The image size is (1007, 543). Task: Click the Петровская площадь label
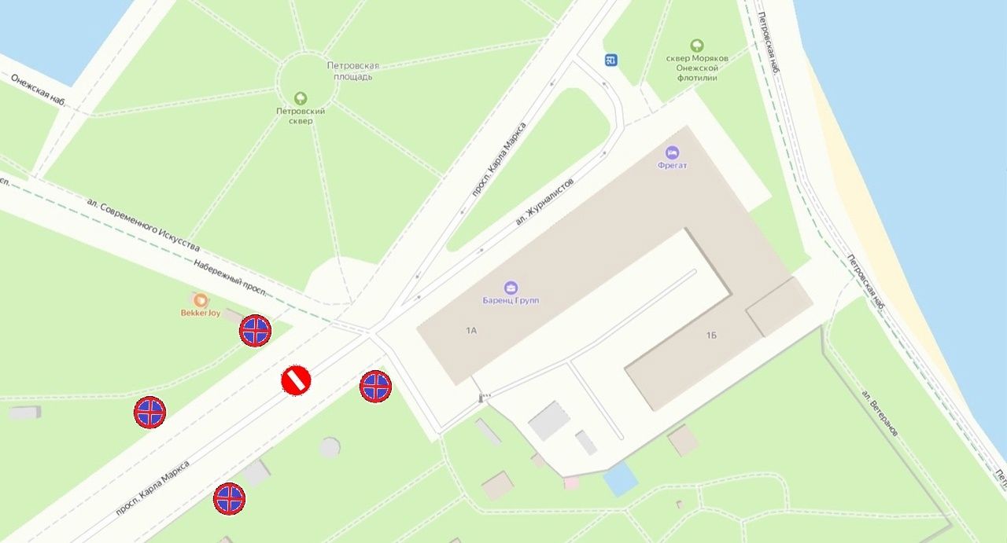click(x=353, y=71)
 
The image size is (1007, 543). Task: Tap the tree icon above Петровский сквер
click(x=301, y=98)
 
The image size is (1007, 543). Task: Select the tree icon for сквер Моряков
click(x=696, y=46)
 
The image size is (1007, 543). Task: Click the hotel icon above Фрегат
click(x=672, y=152)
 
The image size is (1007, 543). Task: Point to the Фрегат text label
click(x=672, y=166)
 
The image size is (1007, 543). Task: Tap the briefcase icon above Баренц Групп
click(x=511, y=288)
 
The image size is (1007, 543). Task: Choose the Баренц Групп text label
click(x=511, y=301)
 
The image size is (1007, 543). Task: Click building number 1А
click(x=471, y=331)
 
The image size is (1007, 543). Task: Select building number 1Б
click(x=711, y=336)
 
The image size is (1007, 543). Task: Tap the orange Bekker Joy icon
click(x=201, y=300)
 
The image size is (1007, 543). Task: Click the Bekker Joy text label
click(x=201, y=313)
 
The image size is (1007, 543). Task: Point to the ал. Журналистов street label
click(x=544, y=201)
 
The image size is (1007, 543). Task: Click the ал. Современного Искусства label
click(x=142, y=226)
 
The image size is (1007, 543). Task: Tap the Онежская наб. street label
click(x=38, y=90)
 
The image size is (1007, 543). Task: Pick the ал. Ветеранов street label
click(x=880, y=413)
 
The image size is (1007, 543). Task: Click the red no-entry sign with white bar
click(x=296, y=380)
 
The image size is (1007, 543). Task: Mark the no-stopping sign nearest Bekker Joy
click(x=255, y=331)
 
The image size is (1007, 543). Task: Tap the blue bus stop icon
click(x=611, y=60)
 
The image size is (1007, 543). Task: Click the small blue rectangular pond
click(x=620, y=479)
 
